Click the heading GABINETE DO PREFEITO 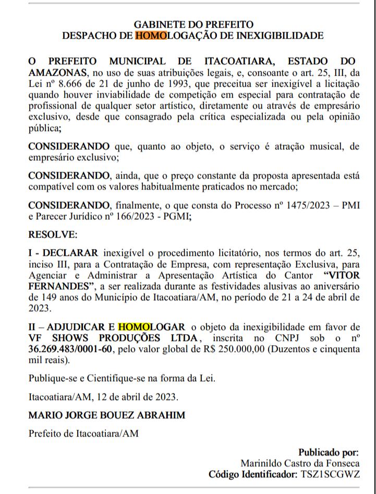[x=193, y=25]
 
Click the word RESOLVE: [x=53, y=234]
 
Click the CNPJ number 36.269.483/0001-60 [x=69, y=349]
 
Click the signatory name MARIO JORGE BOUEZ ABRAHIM [x=107, y=415]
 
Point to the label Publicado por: [x=328, y=452]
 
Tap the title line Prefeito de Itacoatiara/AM [x=83, y=433]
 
